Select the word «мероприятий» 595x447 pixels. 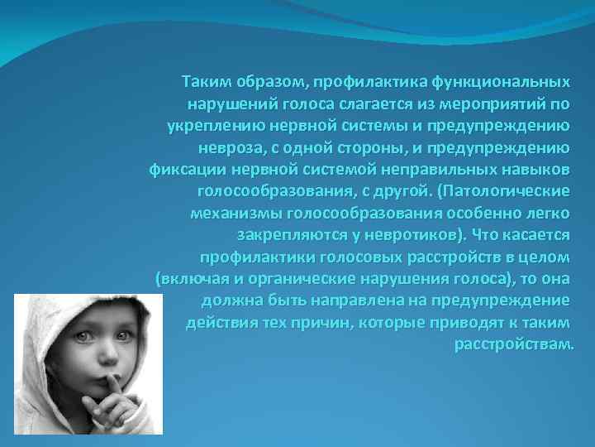click(x=487, y=105)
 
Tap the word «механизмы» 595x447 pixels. click(x=231, y=213)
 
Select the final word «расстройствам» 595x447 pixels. click(x=512, y=342)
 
